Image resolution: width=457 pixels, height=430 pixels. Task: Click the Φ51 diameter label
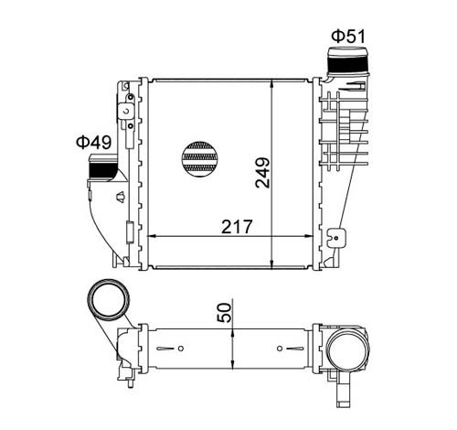pos(347,37)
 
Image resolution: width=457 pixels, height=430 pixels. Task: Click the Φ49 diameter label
pos(94,142)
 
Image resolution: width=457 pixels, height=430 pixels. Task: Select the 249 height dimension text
pos(262,173)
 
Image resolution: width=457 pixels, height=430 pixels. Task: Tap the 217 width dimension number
pos(237,227)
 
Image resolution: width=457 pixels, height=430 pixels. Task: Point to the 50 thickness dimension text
pos(224,312)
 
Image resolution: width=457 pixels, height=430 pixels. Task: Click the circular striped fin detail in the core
pos(200,159)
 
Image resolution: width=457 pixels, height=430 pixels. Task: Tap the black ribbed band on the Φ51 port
pos(347,64)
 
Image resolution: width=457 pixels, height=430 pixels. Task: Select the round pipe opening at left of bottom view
pos(109,299)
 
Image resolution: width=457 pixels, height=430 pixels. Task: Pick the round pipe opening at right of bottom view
pos(348,349)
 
